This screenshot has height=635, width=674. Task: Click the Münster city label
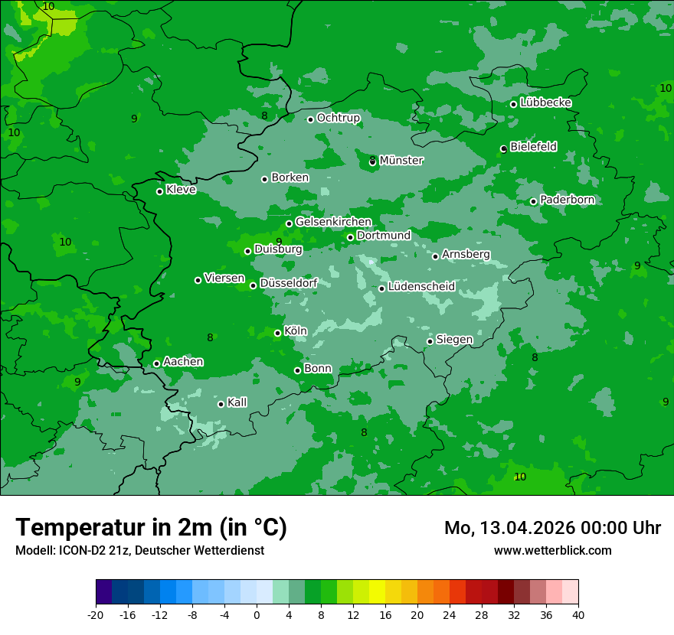coord(401,161)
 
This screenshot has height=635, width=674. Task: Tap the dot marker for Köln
coord(277,333)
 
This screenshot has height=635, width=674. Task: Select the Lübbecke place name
coord(545,103)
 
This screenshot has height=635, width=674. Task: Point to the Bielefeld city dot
coord(503,148)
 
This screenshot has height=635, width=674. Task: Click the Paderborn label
coord(567,200)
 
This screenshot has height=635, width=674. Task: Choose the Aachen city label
coord(183,362)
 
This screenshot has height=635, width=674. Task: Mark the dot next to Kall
coord(221,404)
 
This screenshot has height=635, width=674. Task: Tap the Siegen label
coord(454,340)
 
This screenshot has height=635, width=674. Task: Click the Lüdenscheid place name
coord(421,287)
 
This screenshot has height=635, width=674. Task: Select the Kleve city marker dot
coord(159,191)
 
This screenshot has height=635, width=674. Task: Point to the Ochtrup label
coord(338,118)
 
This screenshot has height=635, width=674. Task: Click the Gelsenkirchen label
coord(333,222)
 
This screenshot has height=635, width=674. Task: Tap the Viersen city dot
coord(198,280)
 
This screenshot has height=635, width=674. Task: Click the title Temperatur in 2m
coord(151,528)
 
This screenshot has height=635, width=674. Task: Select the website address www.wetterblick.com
coord(552,551)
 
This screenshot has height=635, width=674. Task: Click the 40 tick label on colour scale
coord(577,615)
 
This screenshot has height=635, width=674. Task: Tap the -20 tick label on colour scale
coord(96,615)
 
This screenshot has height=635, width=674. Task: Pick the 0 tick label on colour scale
coord(257,615)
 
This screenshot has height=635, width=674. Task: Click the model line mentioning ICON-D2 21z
coord(139,551)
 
